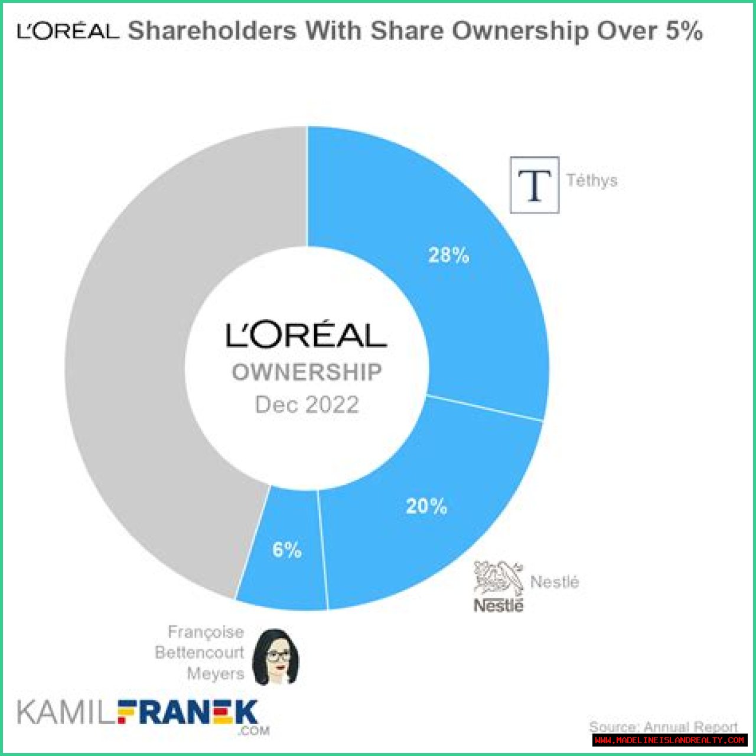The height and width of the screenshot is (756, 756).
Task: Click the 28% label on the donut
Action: coord(449,255)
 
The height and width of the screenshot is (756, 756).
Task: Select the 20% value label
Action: coord(426,506)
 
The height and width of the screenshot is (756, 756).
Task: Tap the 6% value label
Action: coord(287,550)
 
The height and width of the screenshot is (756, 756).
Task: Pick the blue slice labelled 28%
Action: coord(472,295)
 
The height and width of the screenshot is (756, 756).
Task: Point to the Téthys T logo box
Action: coord(535,184)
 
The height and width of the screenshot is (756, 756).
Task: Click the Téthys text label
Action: coord(592,180)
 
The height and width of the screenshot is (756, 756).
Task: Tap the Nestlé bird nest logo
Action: coord(498,579)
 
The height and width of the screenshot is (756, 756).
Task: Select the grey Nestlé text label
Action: coord(555,582)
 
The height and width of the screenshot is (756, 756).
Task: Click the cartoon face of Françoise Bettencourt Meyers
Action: coord(275,657)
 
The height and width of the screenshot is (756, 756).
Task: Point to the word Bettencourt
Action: coord(200,653)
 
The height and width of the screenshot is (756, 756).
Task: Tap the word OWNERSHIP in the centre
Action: coord(307,373)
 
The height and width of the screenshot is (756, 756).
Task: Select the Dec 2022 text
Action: coord(307,405)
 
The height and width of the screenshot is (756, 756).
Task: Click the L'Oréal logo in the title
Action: coord(68,31)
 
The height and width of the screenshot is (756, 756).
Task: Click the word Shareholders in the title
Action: coord(212,31)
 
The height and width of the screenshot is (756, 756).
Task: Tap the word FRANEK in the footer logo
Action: coord(188,713)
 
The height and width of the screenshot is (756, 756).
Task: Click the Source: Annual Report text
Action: coord(663,726)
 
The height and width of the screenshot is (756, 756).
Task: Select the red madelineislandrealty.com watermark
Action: coord(669,740)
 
